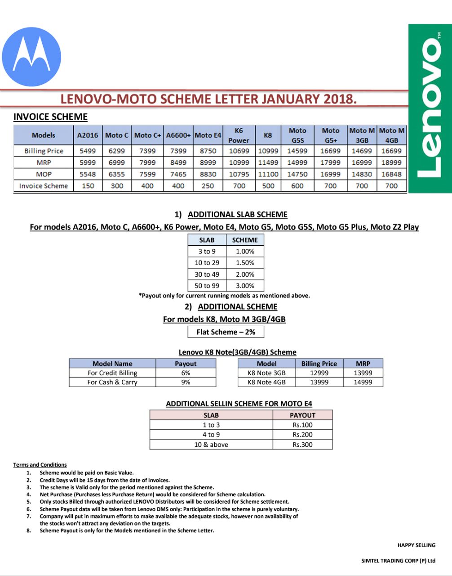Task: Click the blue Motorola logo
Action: (x=31, y=57)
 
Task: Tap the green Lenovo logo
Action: (x=430, y=108)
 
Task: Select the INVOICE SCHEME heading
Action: (x=50, y=117)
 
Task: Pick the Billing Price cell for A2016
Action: (x=88, y=151)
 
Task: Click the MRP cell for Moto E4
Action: (x=208, y=162)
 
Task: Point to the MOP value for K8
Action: (x=268, y=174)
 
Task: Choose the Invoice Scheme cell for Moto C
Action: (x=117, y=186)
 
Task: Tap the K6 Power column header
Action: (x=239, y=135)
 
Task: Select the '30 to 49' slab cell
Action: (x=207, y=274)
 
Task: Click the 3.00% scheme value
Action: (x=245, y=286)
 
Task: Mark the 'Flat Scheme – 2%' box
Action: (x=226, y=332)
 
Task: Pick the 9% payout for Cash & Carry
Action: (x=186, y=382)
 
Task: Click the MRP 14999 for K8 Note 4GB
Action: (x=363, y=382)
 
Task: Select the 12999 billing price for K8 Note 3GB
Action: (x=319, y=373)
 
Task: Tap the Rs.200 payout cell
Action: (x=302, y=435)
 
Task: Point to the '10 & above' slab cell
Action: (x=211, y=445)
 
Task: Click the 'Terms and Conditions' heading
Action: (x=40, y=465)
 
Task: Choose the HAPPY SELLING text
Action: (x=416, y=545)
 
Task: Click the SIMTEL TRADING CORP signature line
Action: (x=398, y=561)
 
